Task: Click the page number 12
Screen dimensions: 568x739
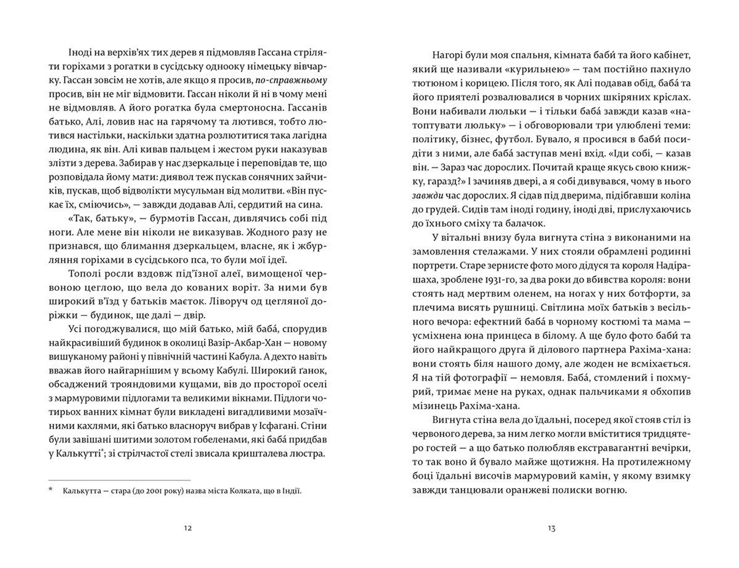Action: tap(188, 528)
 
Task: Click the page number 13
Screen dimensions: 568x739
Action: tap(551, 528)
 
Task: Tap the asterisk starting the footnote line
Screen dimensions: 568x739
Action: tap(50, 491)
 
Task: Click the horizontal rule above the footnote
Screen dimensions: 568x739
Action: tap(119, 480)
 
